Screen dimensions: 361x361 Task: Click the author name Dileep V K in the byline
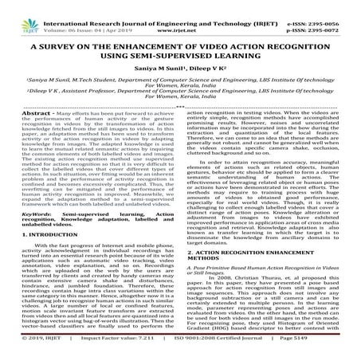pos(207,73)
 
